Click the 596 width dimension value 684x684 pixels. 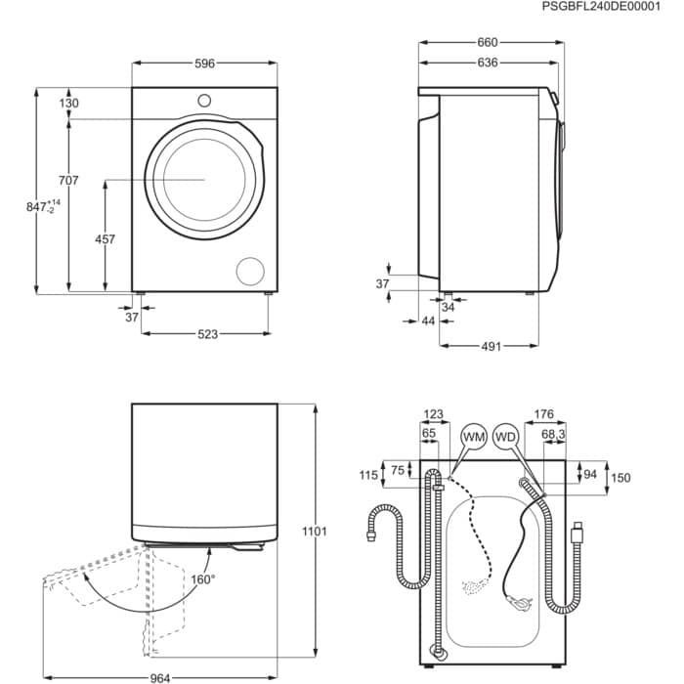[x=204, y=64]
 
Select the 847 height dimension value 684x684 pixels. [x=38, y=207]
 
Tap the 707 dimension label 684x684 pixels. [x=67, y=180]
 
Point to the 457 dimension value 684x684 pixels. [x=105, y=239]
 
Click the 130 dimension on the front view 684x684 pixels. [x=68, y=104]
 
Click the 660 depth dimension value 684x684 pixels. [x=488, y=42]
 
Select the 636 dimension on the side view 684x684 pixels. [x=488, y=63]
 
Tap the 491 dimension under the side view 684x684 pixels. [x=490, y=346]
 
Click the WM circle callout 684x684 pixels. [x=474, y=435]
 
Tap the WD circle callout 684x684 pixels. [x=505, y=435]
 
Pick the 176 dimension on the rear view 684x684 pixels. [x=544, y=413]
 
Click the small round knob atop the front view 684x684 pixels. [x=204, y=100]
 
